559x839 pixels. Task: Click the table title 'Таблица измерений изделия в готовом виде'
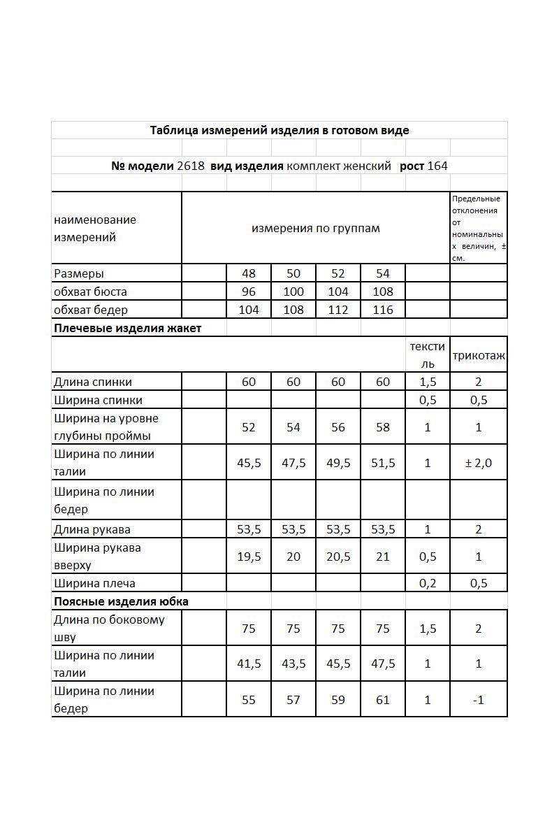click(x=279, y=130)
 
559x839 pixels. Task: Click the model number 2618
click(x=191, y=166)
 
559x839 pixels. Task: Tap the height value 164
click(x=438, y=166)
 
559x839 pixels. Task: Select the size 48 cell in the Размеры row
click(x=249, y=273)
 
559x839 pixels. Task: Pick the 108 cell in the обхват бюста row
click(x=383, y=292)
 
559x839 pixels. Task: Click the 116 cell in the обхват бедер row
click(x=383, y=310)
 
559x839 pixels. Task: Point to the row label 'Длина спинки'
click(x=93, y=382)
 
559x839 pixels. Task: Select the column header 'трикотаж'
click(x=479, y=355)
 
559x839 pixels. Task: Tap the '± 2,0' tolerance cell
click(x=479, y=463)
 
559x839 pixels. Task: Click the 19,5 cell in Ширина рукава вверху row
click(x=249, y=557)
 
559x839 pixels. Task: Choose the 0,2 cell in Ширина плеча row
click(x=428, y=583)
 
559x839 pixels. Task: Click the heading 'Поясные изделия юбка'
click(x=121, y=601)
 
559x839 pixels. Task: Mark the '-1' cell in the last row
click(x=479, y=700)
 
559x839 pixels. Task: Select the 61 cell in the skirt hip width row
click(x=383, y=700)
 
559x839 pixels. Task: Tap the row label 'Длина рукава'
click(x=92, y=529)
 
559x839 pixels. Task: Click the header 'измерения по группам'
click(x=316, y=229)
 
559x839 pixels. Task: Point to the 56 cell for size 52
click(x=338, y=427)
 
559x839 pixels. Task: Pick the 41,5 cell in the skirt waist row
click(x=249, y=664)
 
